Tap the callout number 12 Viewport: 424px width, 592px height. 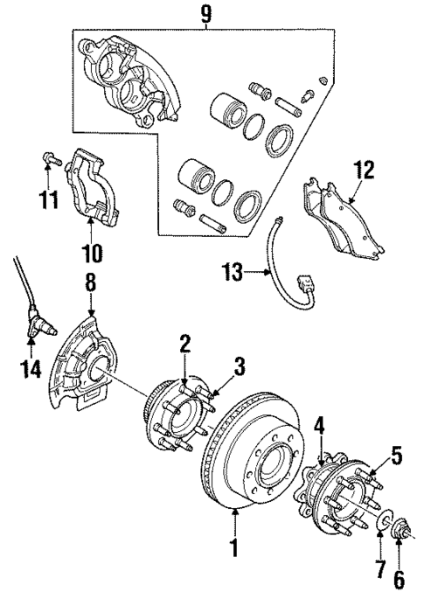coord(363,169)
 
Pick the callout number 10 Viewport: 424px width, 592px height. coord(92,254)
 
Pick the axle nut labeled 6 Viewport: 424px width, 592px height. coord(400,529)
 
